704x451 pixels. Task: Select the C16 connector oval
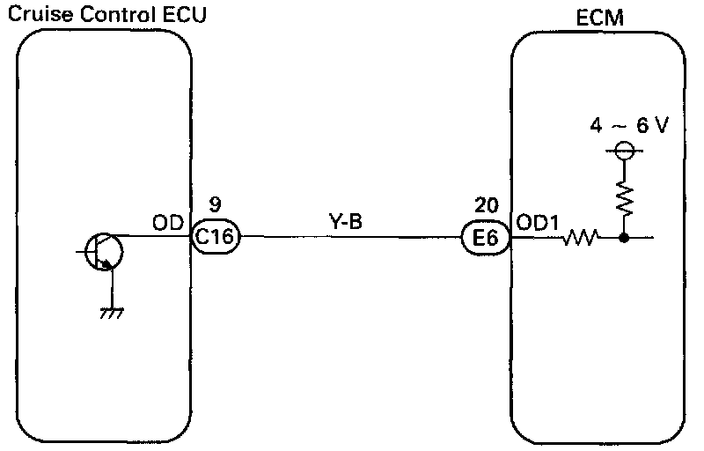pos(216,237)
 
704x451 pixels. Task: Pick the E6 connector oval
pos(485,237)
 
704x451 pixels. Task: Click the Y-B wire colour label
pos(344,222)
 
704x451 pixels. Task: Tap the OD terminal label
pos(167,222)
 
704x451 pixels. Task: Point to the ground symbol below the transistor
pos(112,310)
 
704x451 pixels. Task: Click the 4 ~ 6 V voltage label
pos(630,126)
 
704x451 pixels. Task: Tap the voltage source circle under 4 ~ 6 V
pos(623,151)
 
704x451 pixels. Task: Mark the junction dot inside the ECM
pos(623,237)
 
